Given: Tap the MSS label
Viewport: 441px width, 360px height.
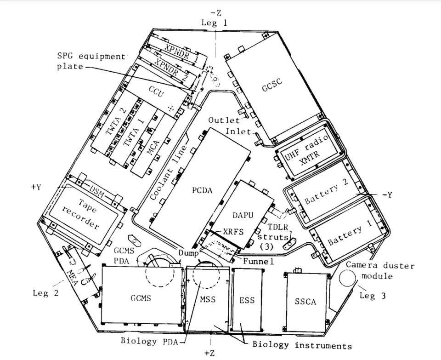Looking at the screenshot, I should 208,300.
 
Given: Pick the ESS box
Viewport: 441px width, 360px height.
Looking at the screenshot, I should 247,300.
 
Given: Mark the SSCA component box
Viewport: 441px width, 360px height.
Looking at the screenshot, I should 305,301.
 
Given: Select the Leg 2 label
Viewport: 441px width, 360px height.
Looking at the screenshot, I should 45,293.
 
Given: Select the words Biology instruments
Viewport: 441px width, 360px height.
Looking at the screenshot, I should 302,346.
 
